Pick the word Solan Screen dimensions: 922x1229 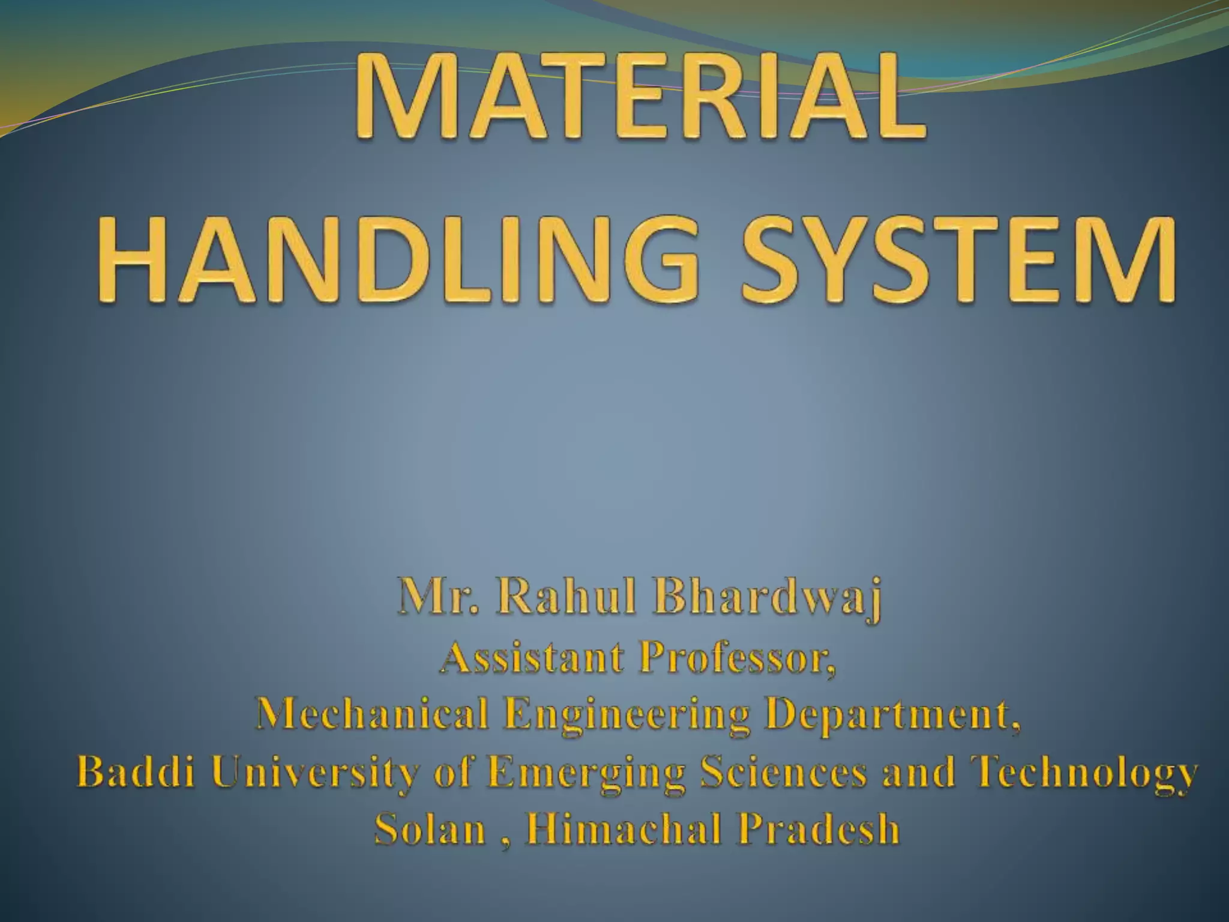tap(430, 830)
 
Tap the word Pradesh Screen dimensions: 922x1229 tap(819, 830)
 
